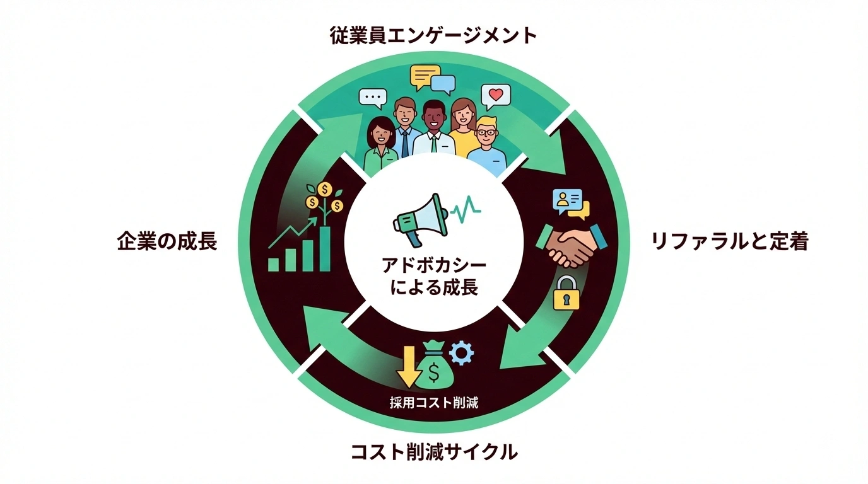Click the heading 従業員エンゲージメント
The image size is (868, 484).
433,36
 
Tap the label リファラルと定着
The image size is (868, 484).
729,241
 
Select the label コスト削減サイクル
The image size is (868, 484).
433,451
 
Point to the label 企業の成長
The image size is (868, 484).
167,241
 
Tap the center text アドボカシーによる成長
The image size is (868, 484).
434,276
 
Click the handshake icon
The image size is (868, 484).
570,246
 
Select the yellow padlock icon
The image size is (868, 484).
566,293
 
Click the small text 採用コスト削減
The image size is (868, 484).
434,402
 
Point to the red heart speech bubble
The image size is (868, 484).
495,97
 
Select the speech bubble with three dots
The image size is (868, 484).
372,98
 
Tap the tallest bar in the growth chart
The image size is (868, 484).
324,248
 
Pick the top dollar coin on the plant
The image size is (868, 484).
325,188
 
